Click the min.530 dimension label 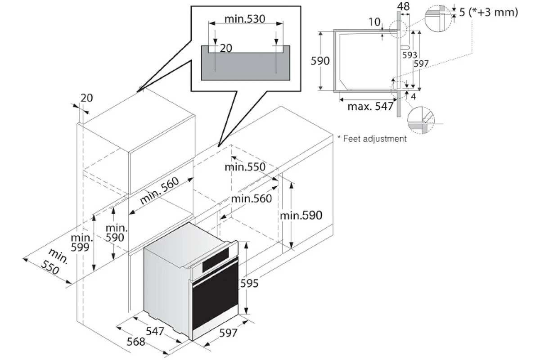245,19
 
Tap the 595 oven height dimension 249,283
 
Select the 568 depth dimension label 136,342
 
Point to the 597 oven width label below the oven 228,333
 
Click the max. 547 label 370,106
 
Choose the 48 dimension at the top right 403,6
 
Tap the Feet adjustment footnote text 372,139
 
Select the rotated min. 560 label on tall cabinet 159,190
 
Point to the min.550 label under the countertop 245,167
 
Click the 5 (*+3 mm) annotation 488,12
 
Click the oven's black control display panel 215,260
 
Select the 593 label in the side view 409,55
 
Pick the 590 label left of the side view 320,61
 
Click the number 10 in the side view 374,22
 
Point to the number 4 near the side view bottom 414,96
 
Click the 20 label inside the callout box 226,48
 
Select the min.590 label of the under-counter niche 301,215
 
